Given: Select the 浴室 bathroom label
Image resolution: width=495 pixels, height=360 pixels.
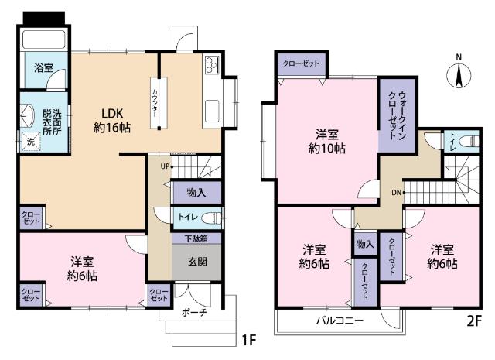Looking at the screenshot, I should (x=43, y=68).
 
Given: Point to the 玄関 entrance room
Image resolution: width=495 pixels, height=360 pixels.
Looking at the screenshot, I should (x=196, y=261).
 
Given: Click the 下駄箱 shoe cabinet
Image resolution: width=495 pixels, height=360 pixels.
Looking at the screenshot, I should (x=196, y=238).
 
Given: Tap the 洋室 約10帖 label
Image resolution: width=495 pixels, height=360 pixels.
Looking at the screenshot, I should (x=324, y=139).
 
